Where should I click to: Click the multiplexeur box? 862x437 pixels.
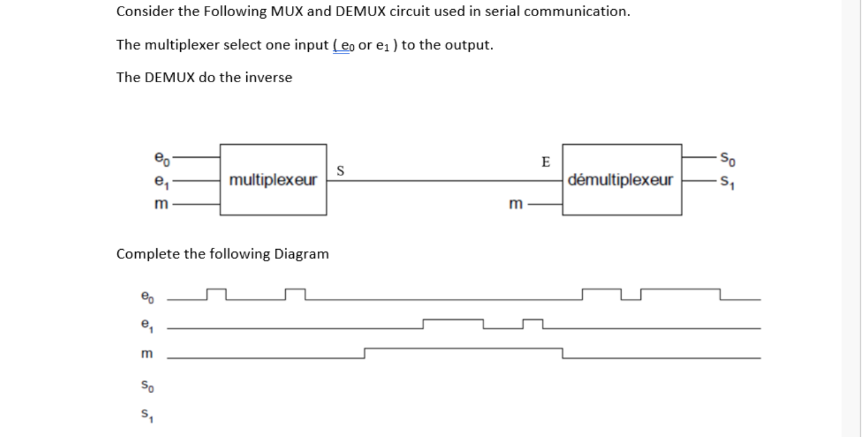[x=273, y=179]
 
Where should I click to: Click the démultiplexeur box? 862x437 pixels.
[x=621, y=179]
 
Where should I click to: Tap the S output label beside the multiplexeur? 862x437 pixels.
[x=341, y=170]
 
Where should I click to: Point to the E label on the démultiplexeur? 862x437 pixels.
[x=545, y=162]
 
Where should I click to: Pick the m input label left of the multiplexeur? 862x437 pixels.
[x=160, y=203]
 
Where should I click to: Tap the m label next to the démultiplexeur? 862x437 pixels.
[x=515, y=203]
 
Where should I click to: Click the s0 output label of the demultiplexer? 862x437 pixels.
[x=726, y=160]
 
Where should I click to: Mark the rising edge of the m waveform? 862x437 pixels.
[x=365, y=353]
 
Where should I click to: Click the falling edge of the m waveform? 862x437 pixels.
[x=563, y=353]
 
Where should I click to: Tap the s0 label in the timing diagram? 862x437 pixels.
[x=147, y=385]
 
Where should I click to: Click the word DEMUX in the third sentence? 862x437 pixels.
[x=170, y=77]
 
